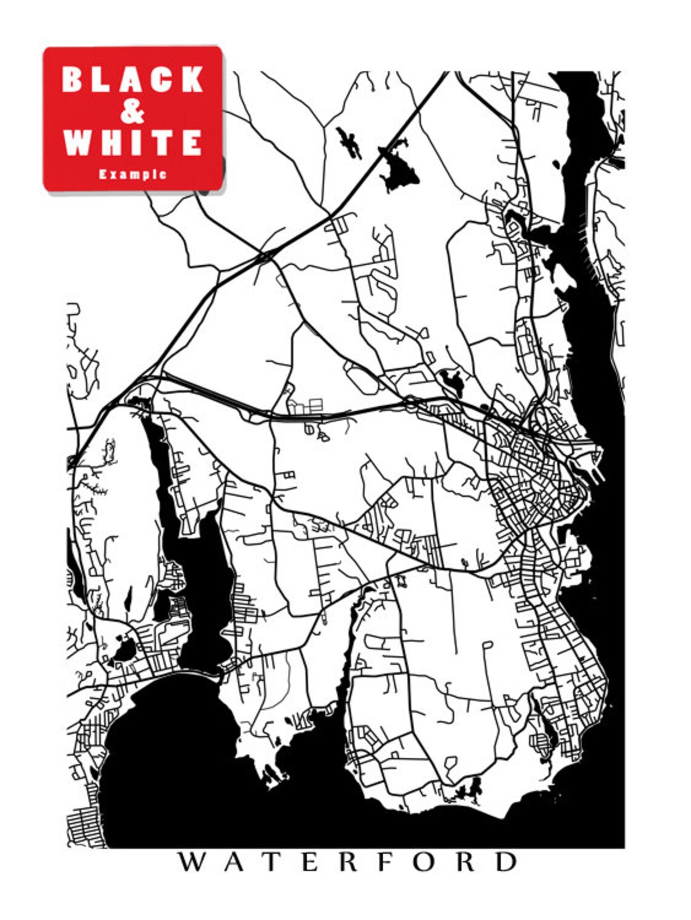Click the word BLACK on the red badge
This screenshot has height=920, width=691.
[133, 79]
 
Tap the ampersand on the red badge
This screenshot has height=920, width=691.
[133, 111]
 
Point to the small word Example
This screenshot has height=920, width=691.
[133, 174]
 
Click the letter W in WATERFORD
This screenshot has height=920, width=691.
[191, 862]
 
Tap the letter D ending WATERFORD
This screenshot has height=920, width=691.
[506, 862]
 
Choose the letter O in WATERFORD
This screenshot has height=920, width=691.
[422, 862]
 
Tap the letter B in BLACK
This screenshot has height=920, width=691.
[72, 79]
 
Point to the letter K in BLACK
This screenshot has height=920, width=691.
[193, 79]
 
